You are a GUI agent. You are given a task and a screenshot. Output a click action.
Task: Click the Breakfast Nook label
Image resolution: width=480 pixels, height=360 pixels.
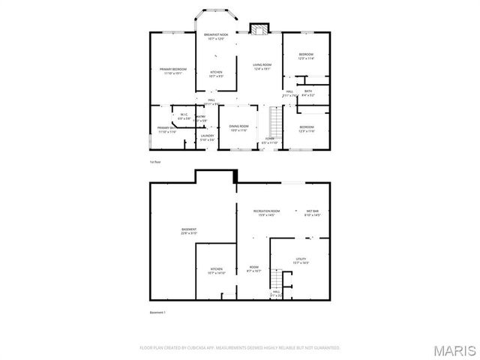click(216, 37)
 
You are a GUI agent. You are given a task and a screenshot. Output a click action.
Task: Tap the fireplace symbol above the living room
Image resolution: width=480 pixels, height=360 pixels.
click(259, 29)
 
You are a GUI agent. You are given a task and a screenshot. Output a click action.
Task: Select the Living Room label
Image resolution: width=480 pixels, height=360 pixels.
click(262, 67)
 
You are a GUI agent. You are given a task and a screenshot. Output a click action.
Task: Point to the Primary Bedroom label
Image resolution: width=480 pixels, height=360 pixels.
click(173, 71)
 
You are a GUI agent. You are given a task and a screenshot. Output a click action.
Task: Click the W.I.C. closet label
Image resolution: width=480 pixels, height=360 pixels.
click(183, 116)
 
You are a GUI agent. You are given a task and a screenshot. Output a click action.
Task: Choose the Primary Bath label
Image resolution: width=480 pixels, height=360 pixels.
click(166, 130)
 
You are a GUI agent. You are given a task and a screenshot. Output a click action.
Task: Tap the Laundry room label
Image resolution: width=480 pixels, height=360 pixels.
click(207, 137)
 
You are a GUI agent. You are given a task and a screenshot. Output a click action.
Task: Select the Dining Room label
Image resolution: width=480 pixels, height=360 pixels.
click(238, 128)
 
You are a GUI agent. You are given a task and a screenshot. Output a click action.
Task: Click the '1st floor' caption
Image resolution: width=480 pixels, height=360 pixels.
click(155, 162)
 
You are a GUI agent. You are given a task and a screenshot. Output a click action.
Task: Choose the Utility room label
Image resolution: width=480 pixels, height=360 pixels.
click(301, 261)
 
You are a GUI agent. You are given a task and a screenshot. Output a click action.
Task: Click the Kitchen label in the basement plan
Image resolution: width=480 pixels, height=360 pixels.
click(216, 271)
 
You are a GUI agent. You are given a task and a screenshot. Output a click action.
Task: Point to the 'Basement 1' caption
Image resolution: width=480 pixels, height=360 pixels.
click(157, 312)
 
